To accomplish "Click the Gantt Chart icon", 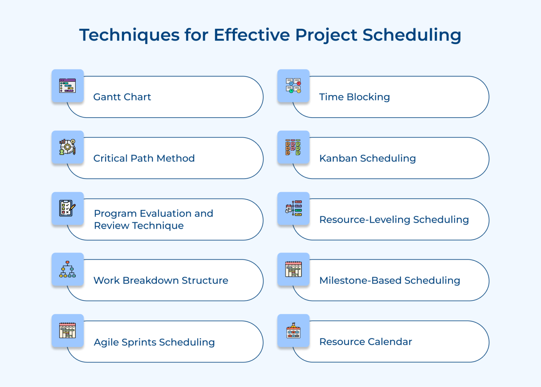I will coord(67,86).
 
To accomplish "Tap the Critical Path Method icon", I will coord(67,147).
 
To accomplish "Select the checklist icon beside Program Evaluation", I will coord(67,208).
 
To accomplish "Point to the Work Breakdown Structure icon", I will coord(67,269).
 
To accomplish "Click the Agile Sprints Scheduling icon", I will coord(67,331).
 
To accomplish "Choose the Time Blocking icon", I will coord(293,86).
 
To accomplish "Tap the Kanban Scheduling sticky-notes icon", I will coord(293,147).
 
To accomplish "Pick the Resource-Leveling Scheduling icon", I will coord(293,208).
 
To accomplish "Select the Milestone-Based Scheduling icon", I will coord(293,269).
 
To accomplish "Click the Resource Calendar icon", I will coord(293,331).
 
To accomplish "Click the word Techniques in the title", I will coord(129,35).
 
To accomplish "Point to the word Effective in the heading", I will coord(252,35).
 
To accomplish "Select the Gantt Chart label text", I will coord(122,97).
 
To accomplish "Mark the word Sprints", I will coord(139,342).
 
